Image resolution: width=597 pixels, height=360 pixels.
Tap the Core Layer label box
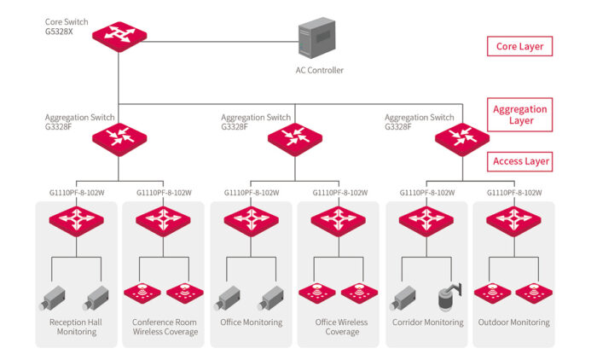[519, 46]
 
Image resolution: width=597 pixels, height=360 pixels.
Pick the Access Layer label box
[519, 161]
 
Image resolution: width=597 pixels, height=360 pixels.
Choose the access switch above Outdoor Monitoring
[513, 222]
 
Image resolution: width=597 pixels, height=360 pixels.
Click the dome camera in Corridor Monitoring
[447, 296]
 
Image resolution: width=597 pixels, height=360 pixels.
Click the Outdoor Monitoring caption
[513, 322]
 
